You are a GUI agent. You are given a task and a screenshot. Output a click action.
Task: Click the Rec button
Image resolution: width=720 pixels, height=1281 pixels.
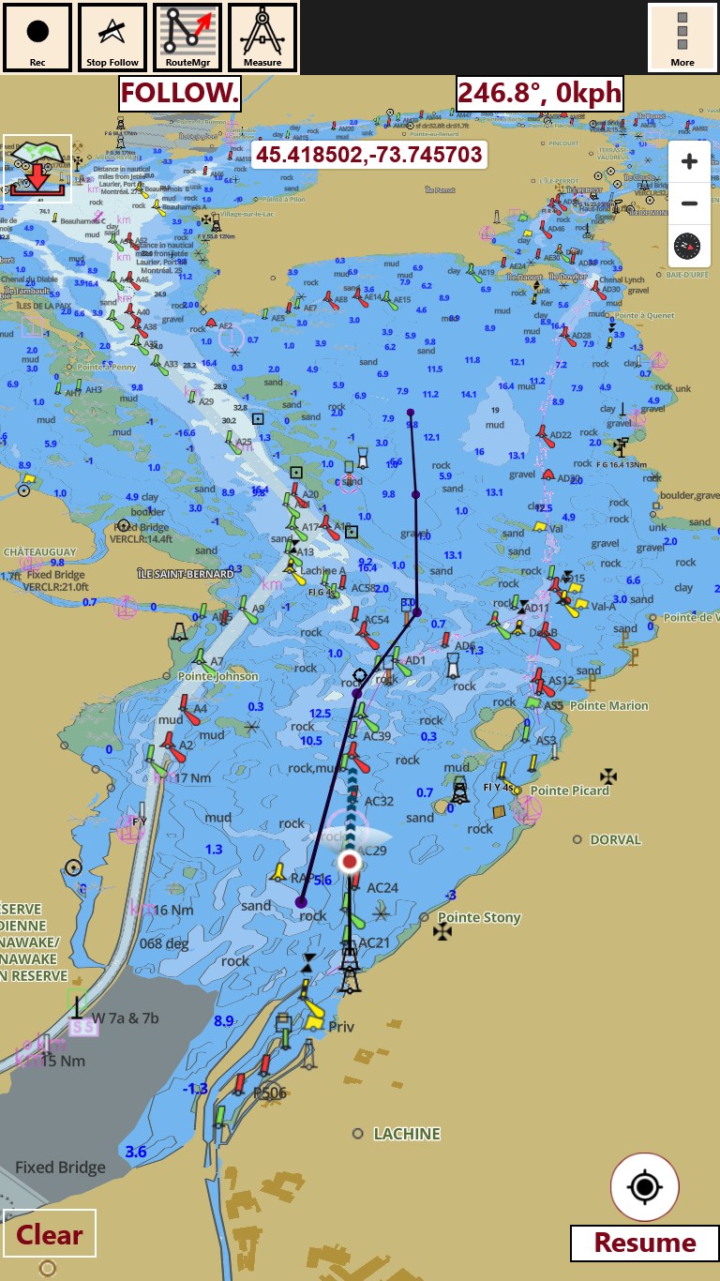(37, 38)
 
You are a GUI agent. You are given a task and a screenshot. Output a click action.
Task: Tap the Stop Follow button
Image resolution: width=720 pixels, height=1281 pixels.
(112, 38)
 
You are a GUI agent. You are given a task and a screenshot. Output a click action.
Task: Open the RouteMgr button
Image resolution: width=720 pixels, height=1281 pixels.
(187, 38)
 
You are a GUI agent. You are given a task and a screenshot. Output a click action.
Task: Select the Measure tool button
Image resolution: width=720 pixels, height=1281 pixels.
(262, 38)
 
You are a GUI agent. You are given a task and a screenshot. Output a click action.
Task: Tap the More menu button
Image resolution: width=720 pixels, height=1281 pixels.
(682, 38)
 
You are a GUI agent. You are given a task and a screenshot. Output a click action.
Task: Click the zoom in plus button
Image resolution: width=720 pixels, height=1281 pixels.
(690, 162)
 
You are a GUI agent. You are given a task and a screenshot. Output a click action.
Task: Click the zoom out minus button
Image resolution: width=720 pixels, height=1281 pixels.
(690, 203)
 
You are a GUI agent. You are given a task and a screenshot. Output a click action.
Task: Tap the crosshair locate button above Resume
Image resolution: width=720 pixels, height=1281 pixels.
(645, 1187)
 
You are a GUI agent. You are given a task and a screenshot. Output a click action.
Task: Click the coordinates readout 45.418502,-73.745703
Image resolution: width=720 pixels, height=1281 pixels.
(369, 155)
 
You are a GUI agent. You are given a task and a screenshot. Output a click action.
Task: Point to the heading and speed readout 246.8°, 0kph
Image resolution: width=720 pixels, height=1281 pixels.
(540, 94)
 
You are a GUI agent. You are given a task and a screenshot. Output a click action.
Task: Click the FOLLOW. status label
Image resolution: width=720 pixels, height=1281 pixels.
(180, 94)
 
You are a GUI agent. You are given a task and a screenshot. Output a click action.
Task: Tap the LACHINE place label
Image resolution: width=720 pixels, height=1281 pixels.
(407, 1134)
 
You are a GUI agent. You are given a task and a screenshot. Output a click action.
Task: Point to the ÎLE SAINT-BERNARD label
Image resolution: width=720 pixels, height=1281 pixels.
(185, 573)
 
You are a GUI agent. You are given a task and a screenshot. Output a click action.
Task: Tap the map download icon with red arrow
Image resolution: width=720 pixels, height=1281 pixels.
(37, 169)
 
